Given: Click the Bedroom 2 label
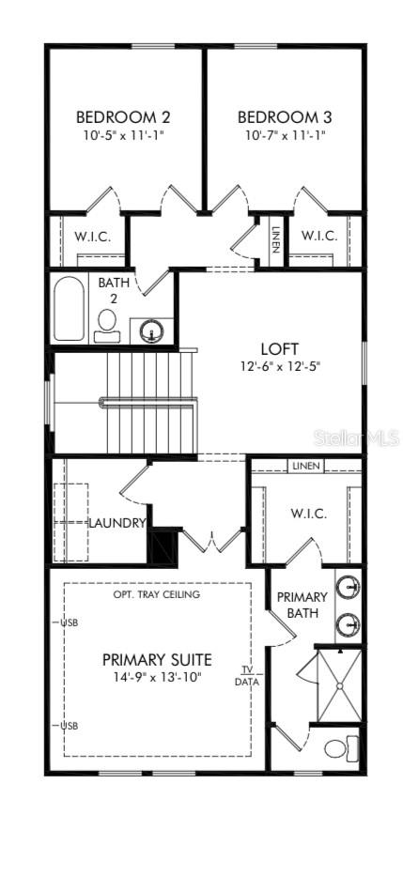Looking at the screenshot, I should point(123,117).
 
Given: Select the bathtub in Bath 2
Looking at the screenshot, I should point(70,308).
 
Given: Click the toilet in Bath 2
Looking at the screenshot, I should point(107,322).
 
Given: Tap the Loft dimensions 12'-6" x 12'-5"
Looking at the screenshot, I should point(279,367).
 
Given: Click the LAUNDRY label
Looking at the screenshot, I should point(116,523).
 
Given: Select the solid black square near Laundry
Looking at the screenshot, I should point(163,546).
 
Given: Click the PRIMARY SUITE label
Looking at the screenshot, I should point(157,659).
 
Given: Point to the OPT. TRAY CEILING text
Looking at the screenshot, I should point(156,594).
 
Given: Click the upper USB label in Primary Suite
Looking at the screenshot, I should point(69,622).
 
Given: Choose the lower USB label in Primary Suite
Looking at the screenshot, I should point(69,726).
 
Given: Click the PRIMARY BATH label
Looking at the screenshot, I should point(302,605).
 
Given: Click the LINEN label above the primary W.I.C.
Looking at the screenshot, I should point(305,466).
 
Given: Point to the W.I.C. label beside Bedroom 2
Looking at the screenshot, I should point(92,236).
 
